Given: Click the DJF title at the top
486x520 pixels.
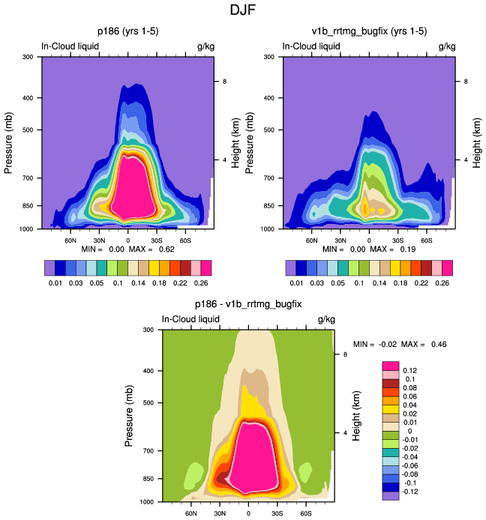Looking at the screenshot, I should (242, 11).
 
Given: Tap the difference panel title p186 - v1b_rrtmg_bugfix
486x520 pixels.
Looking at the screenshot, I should (247, 304).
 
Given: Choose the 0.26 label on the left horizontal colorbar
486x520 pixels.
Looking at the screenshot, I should (201, 284).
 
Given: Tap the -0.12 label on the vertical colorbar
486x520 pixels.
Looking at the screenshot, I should (411, 492).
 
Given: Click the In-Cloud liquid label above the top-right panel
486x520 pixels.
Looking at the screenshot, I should (310, 46).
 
